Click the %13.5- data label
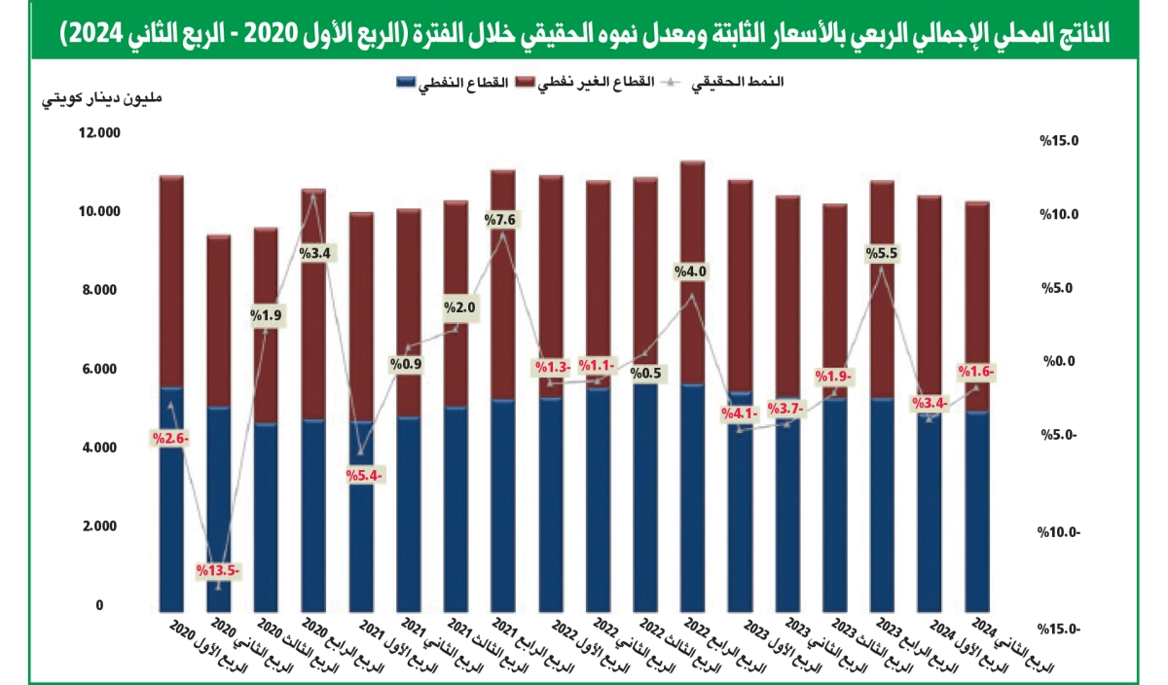[x=218, y=571]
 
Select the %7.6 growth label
[x=502, y=220]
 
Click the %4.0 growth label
[x=690, y=271]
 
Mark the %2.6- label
[x=171, y=438]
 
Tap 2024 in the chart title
[x=91, y=32]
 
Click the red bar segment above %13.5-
[x=218, y=321]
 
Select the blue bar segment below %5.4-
[x=361, y=545]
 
